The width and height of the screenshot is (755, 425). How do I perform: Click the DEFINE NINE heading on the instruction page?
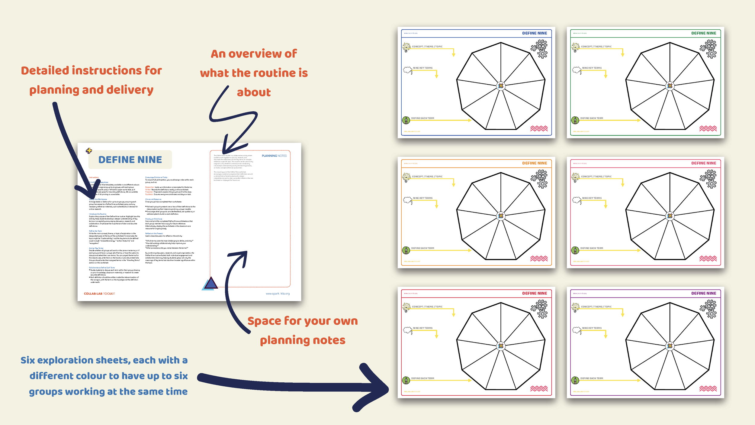(130, 160)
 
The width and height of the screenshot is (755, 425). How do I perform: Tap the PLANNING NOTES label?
(274, 156)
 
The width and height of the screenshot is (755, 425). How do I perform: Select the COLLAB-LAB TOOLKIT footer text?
(99, 294)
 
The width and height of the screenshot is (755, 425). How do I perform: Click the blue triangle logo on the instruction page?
(210, 284)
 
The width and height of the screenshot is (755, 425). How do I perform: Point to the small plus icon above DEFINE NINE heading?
(89, 151)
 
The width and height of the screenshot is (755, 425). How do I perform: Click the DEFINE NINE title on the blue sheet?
(534, 33)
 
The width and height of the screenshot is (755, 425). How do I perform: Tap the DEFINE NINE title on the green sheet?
(703, 33)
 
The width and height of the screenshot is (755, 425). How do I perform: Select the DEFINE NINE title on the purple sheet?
(703, 293)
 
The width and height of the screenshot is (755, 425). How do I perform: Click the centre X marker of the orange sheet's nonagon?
(501, 216)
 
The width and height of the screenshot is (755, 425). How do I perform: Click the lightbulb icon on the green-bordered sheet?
(575, 47)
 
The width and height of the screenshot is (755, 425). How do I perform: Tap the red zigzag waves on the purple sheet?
(708, 389)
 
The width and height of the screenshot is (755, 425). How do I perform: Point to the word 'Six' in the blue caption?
(27, 360)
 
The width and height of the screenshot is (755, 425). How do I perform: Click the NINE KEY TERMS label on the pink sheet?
(592, 198)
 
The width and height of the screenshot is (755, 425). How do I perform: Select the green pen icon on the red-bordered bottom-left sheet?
(406, 380)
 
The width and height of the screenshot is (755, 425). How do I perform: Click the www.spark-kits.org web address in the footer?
(278, 294)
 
